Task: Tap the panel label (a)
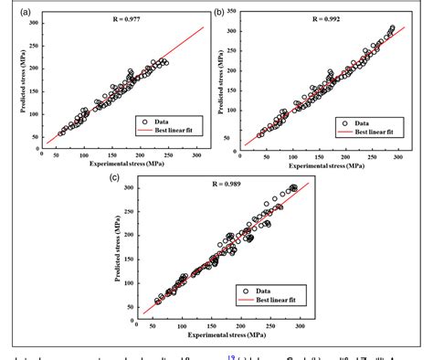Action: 9,11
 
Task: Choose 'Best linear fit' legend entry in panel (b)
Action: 373,132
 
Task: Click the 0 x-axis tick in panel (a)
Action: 43,154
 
